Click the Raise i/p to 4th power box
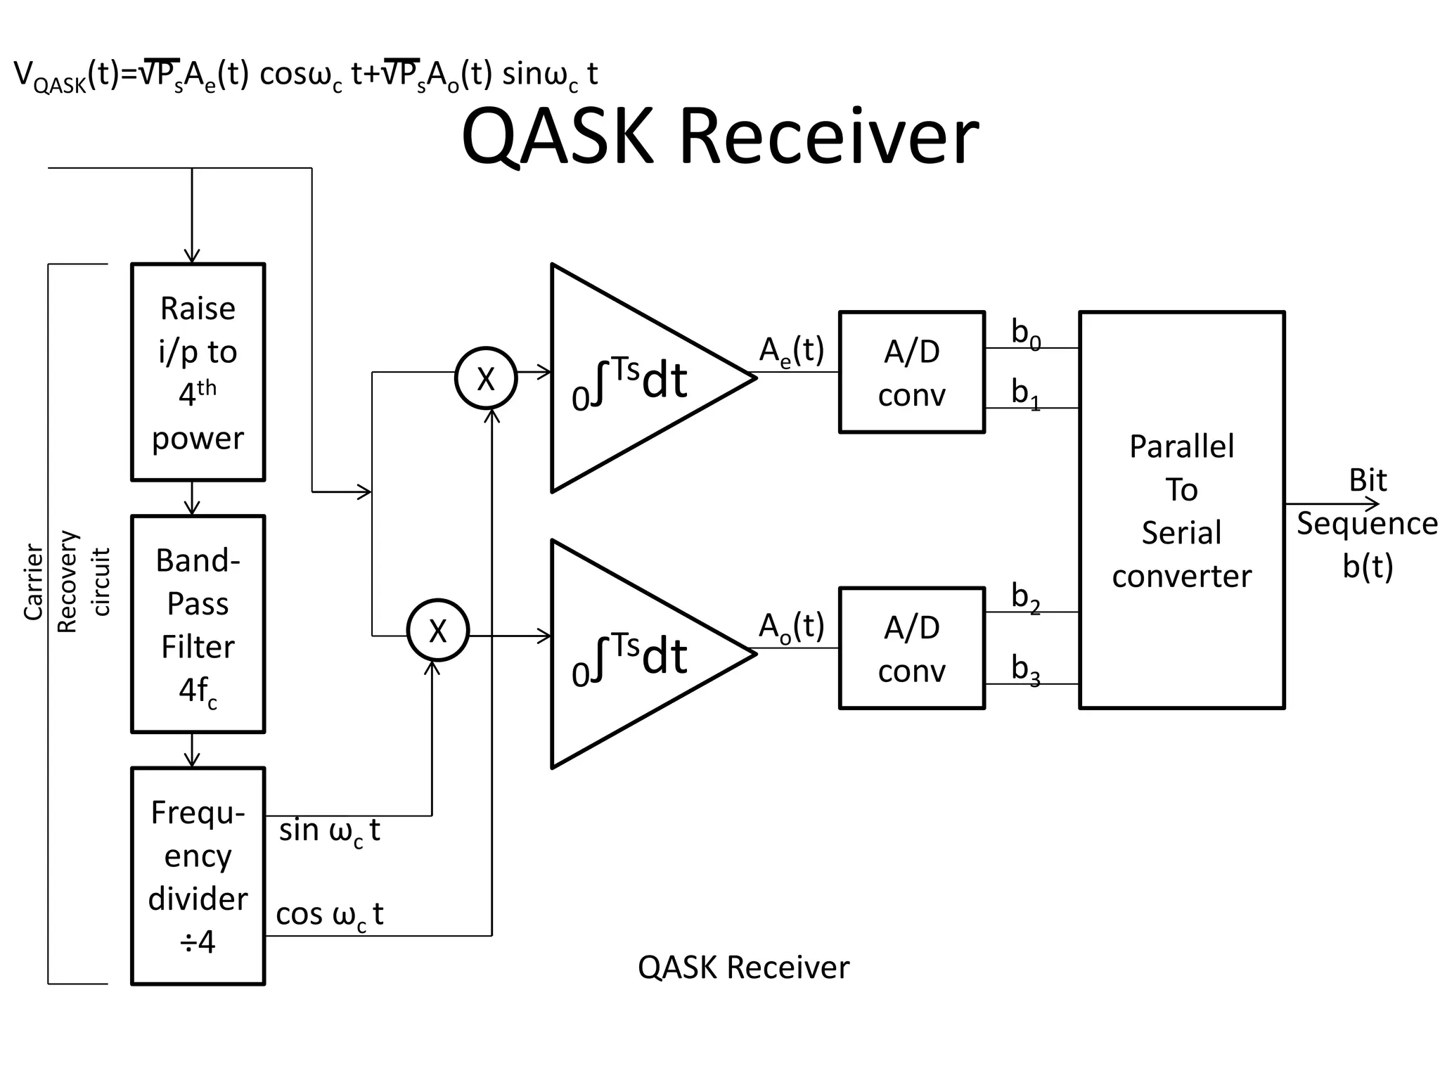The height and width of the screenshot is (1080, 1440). (x=198, y=372)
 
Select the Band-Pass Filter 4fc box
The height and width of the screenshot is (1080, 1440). (x=198, y=624)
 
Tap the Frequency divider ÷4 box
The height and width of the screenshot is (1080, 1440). (x=198, y=876)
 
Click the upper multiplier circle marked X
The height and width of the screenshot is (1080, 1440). (x=486, y=378)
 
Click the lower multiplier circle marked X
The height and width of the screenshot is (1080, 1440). (x=437, y=630)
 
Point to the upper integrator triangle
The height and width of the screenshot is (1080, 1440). (x=633, y=378)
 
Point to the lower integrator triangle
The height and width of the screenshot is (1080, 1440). (x=633, y=654)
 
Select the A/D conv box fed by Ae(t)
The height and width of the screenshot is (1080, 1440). (x=911, y=372)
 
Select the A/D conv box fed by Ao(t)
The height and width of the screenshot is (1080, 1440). (x=911, y=648)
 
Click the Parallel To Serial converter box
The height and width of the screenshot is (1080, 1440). (x=1181, y=510)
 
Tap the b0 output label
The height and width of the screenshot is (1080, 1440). (x=1025, y=333)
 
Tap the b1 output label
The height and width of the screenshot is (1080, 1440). (x=1025, y=393)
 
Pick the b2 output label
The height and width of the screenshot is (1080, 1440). (x=1025, y=597)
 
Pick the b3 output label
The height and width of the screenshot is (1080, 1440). (x=1025, y=669)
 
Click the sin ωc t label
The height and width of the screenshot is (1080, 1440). (x=329, y=831)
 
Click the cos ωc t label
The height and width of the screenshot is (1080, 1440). (x=329, y=915)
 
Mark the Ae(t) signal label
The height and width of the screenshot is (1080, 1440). (x=791, y=350)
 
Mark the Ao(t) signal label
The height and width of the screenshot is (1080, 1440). (x=791, y=626)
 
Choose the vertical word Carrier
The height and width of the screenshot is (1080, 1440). (x=33, y=582)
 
